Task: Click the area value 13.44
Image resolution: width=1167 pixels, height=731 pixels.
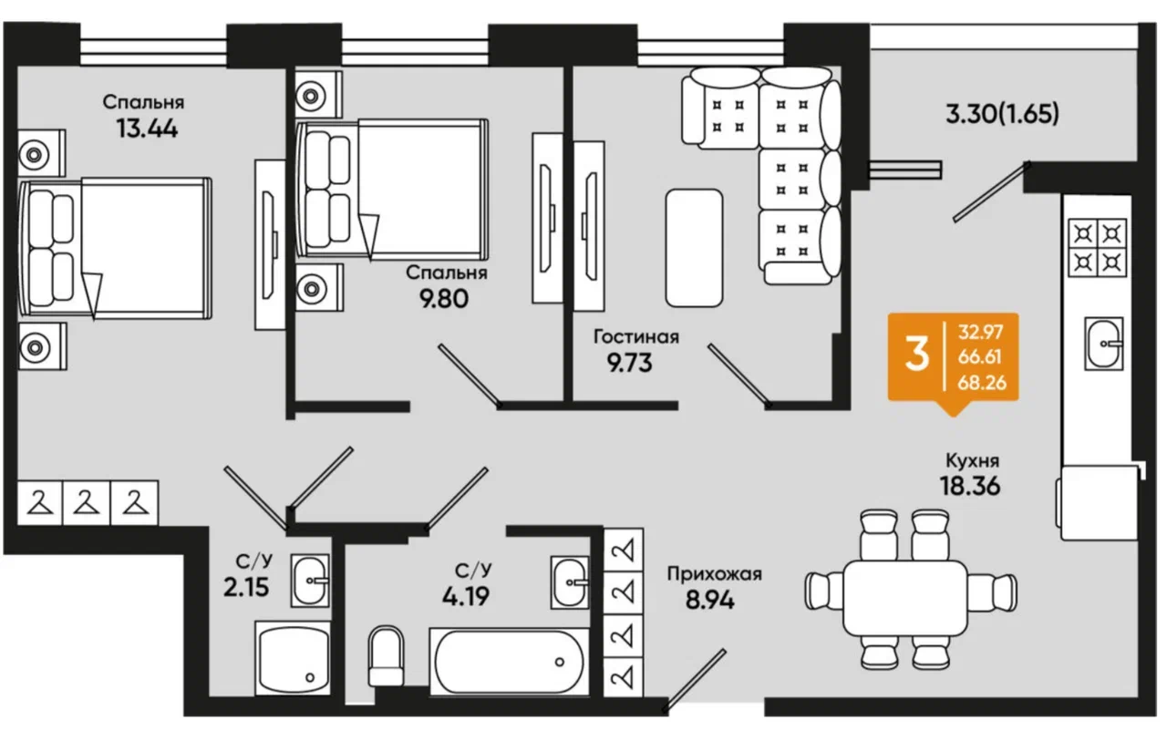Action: click(146, 128)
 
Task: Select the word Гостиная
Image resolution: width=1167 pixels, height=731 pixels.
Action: click(635, 337)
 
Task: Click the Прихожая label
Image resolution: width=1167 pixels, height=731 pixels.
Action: click(714, 574)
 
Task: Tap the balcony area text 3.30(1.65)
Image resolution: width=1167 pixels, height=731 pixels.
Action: click(1002, 116)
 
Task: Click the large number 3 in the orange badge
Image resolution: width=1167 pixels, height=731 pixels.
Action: click(917, 356)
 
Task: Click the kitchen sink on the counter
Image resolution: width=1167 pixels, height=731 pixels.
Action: click(1104, 344)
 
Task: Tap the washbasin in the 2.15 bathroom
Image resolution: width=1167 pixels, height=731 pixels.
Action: click(311, 579)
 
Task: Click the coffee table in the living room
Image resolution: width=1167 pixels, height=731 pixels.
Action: click(694, 247)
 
